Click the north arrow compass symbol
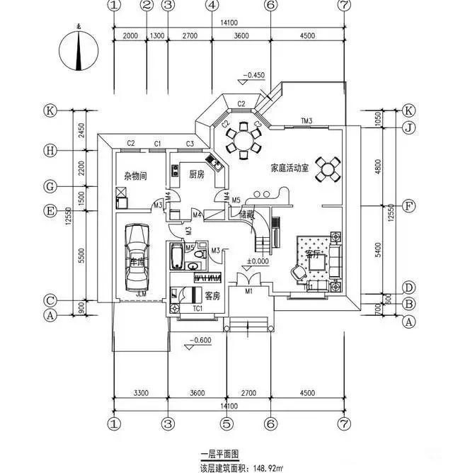tap(79, 50)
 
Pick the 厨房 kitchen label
tap(196, 173)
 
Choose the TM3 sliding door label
tap(306, 120)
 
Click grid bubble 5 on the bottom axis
tap(226, 423)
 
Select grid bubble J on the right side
tap(408, 128)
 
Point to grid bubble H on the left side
tap(50, 150)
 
